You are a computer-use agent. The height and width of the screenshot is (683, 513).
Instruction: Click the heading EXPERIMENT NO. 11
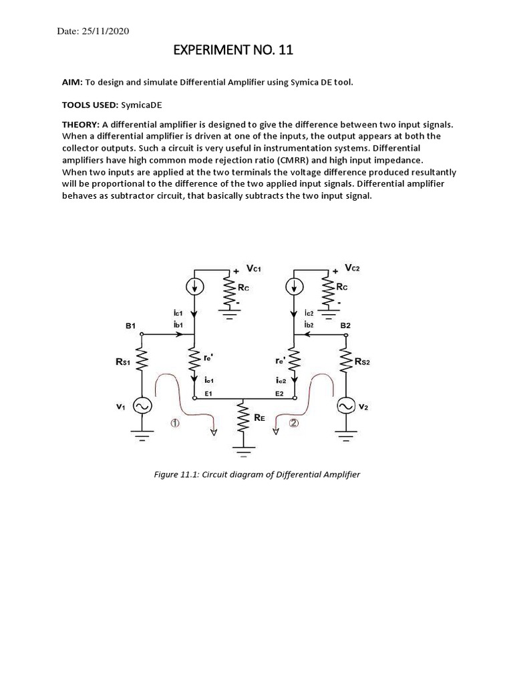233,51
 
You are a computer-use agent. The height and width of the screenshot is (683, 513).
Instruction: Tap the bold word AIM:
71,82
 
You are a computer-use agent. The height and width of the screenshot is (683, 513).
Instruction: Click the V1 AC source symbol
142,405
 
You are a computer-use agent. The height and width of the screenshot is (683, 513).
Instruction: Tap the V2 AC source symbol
346,405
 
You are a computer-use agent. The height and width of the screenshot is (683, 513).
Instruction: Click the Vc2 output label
354,267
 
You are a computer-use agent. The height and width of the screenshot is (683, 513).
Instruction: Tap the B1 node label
130,325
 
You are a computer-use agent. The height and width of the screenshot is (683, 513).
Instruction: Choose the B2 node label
346,325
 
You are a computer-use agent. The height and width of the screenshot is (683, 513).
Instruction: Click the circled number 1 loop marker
174,423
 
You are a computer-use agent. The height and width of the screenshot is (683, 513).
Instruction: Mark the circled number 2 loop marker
294,422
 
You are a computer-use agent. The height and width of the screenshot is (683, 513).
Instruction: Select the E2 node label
279,394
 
